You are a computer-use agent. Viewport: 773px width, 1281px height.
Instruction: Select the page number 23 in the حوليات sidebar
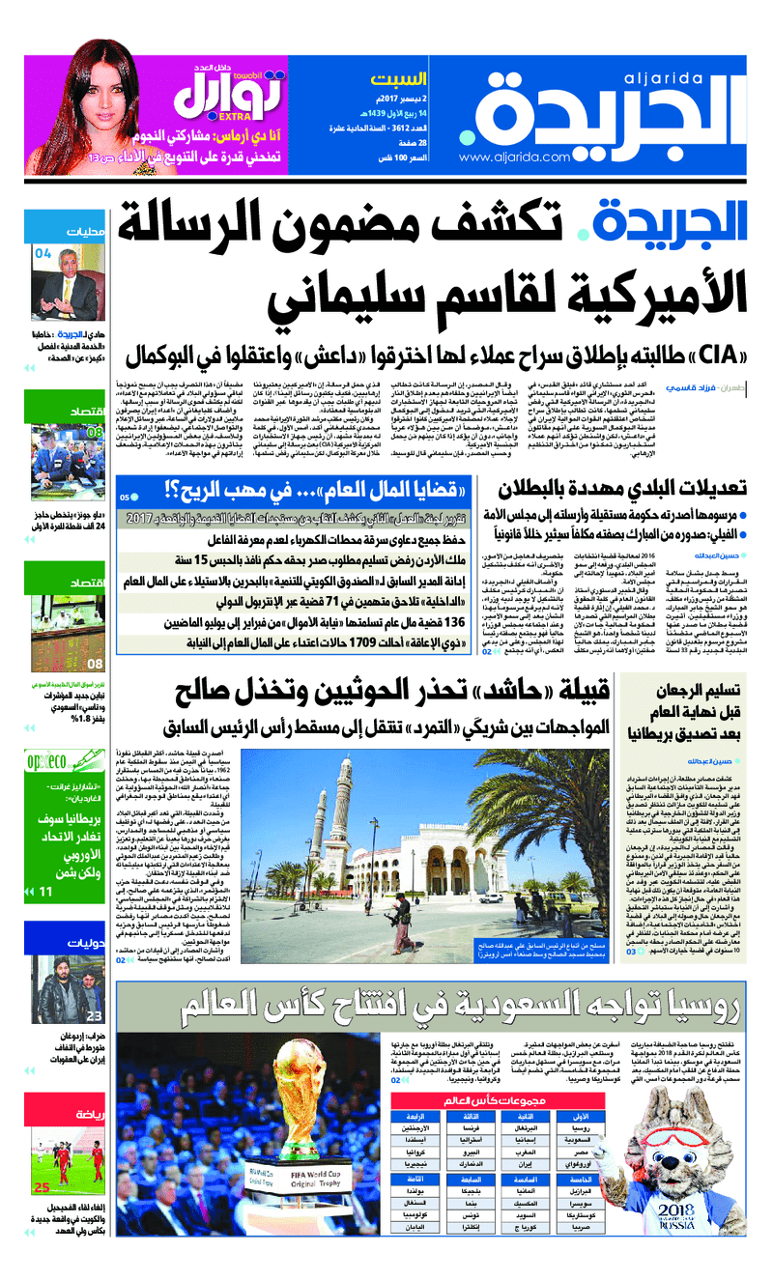pyautogui.click(x=94, y=1015)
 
